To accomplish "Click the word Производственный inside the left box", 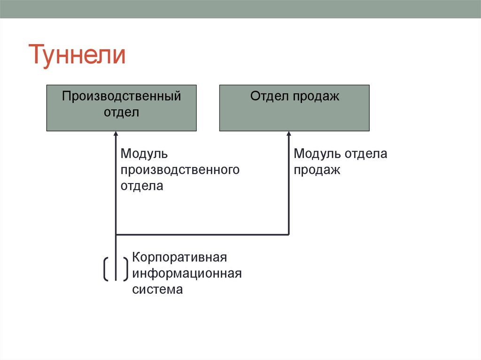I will [121, 96].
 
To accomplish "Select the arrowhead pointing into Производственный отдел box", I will [116, 134].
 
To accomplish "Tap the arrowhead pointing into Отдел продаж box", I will [289, 134].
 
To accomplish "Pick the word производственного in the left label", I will [180, 170].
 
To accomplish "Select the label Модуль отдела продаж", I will [340, 161].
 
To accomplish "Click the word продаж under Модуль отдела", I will [317, 170].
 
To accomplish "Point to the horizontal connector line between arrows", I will [202, 234].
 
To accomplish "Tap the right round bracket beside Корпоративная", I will [125, 269].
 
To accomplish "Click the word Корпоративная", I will [179, 258].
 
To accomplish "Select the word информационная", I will [186, 274].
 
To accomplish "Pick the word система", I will [157, 290].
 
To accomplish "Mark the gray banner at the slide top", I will [240, 9].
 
